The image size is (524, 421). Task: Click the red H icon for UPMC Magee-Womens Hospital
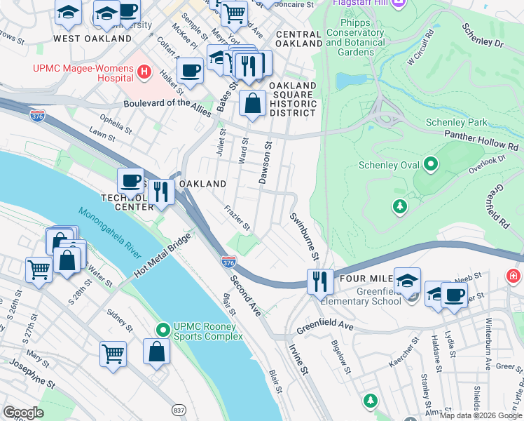pos(144,71)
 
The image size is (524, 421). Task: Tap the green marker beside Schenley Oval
pos(430,165)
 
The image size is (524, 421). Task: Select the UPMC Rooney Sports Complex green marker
pos(163,328)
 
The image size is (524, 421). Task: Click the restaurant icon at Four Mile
pos(320,281)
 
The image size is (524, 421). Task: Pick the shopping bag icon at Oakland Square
pos(252,103)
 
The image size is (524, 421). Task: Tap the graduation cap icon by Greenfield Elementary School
pos(407,281)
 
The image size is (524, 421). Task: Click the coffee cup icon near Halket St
pos(190,70)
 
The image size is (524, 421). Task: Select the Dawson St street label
pos(266,162)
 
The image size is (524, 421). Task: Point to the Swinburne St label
pos(305,236)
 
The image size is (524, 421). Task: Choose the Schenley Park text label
pos(456,122)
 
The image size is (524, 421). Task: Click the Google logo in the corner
pos(24,413)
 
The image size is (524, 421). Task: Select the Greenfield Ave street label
pos(324,326)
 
